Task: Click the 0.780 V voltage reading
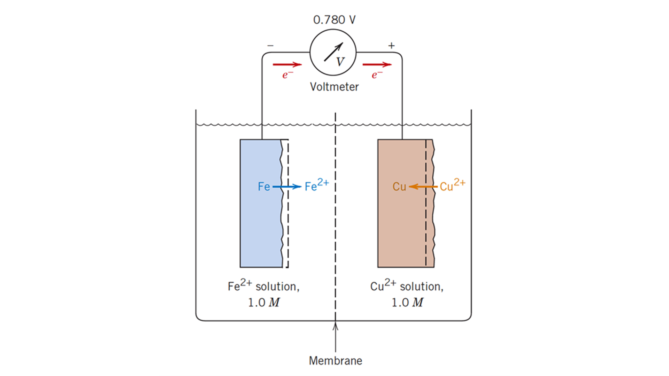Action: [x=334, y=20]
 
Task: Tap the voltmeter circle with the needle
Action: [x=333, y=52]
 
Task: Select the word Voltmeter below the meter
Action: [x=334, y=87]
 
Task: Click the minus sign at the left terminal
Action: [x=270, y=46]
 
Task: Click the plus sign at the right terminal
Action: [x=392, y=46]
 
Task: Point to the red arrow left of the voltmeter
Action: [x=287, y=64]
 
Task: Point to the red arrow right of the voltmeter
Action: [x=377, y=64]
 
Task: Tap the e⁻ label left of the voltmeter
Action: [x=287, y=75]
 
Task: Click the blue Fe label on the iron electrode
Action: [x=264, y=187]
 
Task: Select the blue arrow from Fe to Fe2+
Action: [x=287, y=187]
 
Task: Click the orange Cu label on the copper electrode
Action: [x=399, y=187]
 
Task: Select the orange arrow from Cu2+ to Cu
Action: [x=423, y=187]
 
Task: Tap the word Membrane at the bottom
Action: [x=335, y=361]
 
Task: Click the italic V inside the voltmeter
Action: [x=340, y=62]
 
